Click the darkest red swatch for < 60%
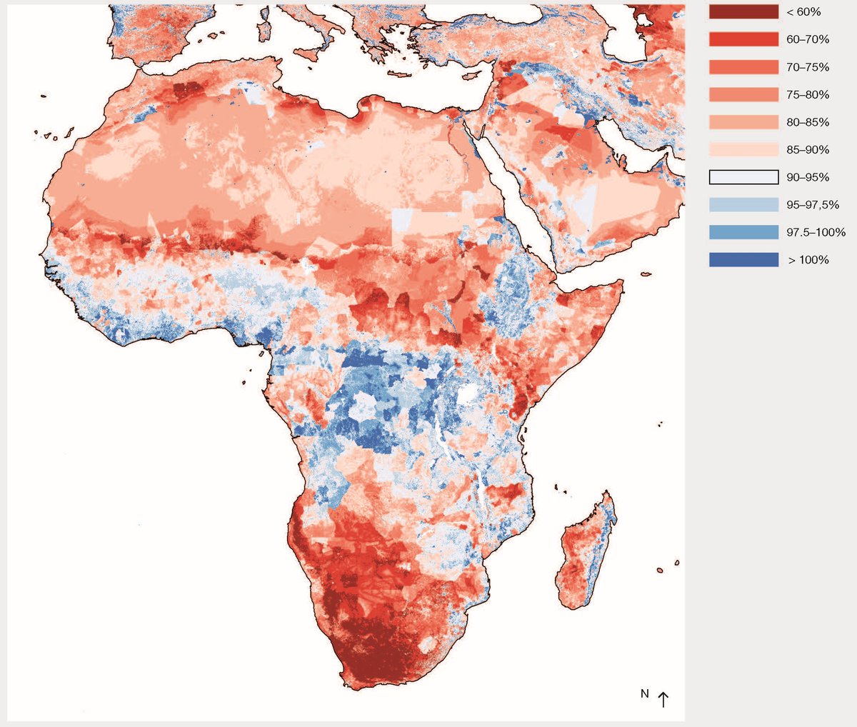pos(743,12)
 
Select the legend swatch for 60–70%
pos(743,39)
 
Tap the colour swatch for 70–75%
pos(743,67)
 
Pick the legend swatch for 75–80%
pos(743,94)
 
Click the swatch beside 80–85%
pos(743,122)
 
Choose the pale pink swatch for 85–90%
pos(743,149)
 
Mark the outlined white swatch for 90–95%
pos(743,177)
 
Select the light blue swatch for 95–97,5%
pos(743,205)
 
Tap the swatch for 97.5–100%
pos(743,232)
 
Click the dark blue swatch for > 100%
pos(743,260)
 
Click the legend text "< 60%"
pos(803,12)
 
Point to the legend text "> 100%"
pos(808,260)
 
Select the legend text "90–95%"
pos(808,177)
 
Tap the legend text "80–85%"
pos(808,122)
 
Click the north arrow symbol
pos(663,699)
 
